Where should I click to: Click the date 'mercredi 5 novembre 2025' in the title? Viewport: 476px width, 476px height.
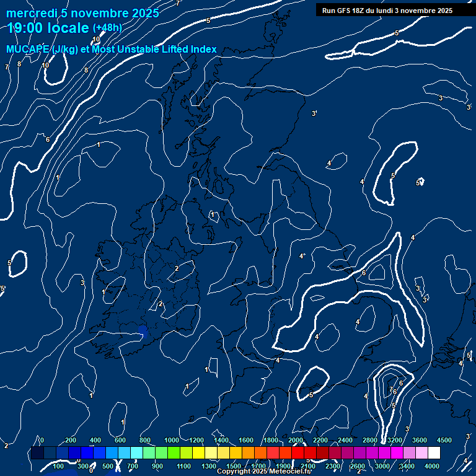pos(82,13)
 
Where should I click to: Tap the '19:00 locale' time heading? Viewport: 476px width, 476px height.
pos(48,28)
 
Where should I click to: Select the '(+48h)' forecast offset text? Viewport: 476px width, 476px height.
pos(107,28)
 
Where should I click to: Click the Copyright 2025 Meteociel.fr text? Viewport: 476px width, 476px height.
pos(263,472)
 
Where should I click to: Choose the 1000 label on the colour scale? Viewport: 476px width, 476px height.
pos(172,439)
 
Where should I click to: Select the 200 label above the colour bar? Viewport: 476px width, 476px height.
pos(71,439)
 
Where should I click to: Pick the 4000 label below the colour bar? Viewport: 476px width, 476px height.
pos(432,465)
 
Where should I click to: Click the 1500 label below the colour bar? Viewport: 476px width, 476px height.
pos(234,465)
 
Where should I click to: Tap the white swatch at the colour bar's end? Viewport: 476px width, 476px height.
pos(434,453)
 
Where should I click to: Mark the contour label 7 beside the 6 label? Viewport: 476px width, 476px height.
pos(390,390)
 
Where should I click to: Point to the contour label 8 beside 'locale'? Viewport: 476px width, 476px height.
pos(86,70)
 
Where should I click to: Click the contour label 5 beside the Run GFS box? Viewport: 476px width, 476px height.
pos(397,33)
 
